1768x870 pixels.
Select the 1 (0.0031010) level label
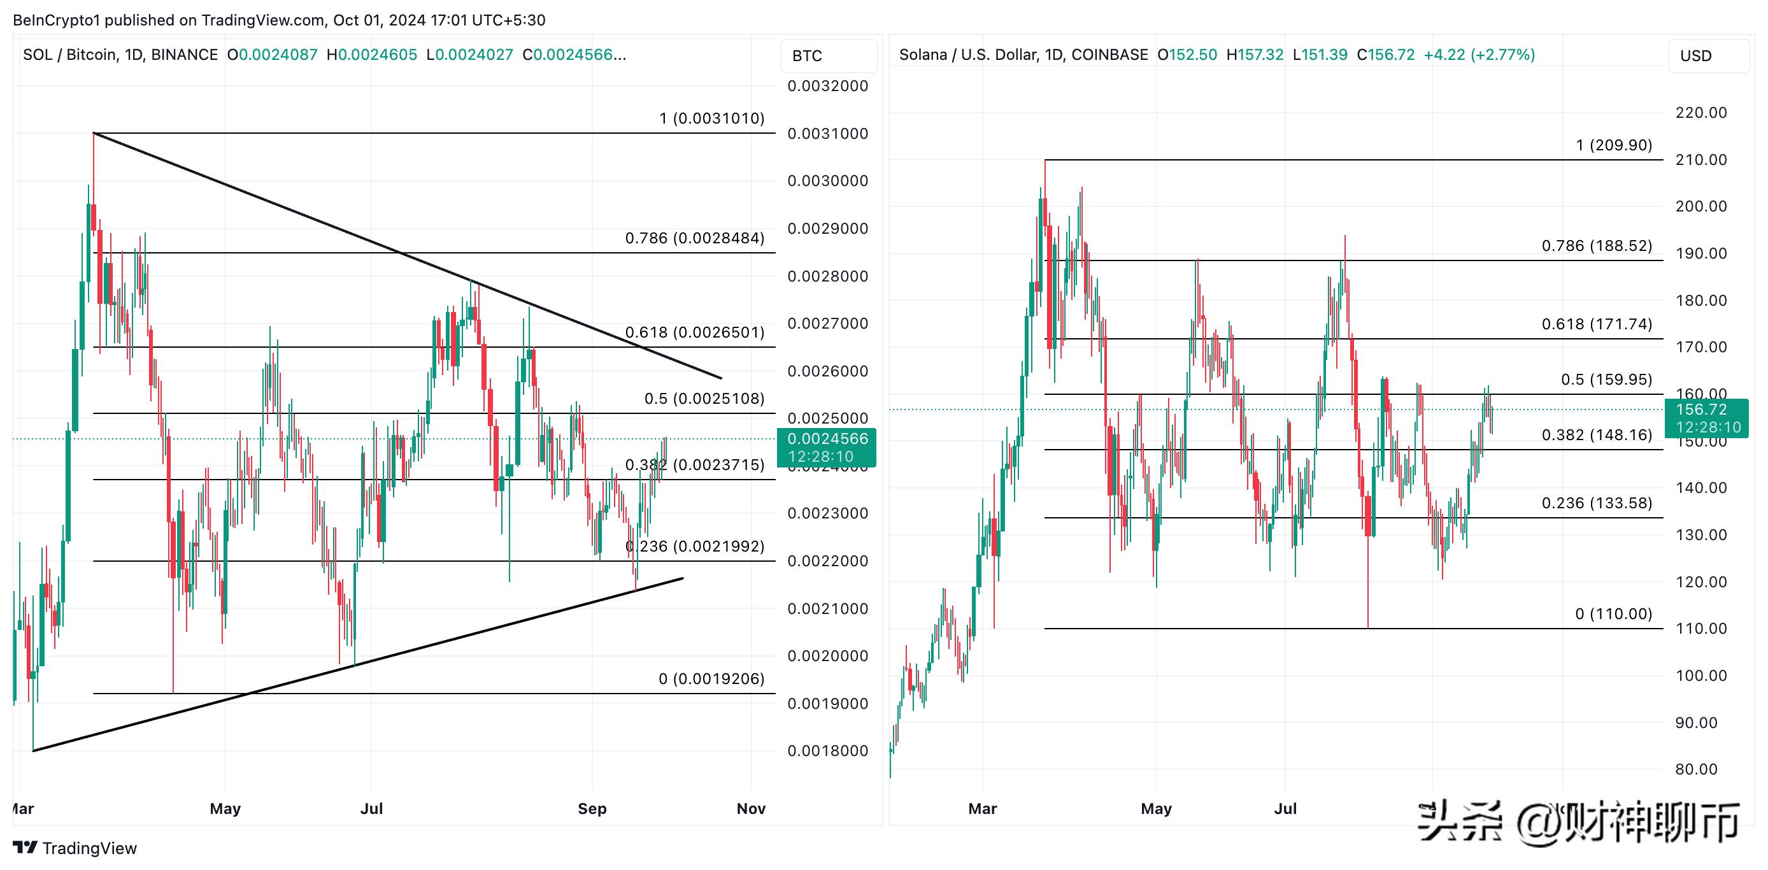click(x=712, y=118)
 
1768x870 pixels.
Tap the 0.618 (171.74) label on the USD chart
click(x=1597, y=324)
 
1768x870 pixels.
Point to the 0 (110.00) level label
click(x=1613, y=613)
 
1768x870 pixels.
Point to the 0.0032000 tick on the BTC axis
click(x=827, y=86)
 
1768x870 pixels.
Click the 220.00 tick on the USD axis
click(x=1700, y=113)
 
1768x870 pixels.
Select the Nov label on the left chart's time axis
click(x=751, y=808)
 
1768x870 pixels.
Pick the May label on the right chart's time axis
click(x=1156, y=808)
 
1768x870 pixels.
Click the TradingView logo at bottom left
click(x=76, y=848)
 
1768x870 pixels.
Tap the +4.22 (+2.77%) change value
click(x=1479, y=54)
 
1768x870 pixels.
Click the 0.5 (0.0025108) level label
click(x=704, y=399)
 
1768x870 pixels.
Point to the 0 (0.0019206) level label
click(x=711, y=678)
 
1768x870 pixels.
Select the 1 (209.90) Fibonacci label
click(x=1614, y=145)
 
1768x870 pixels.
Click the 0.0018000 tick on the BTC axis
click(x=827, y=751)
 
